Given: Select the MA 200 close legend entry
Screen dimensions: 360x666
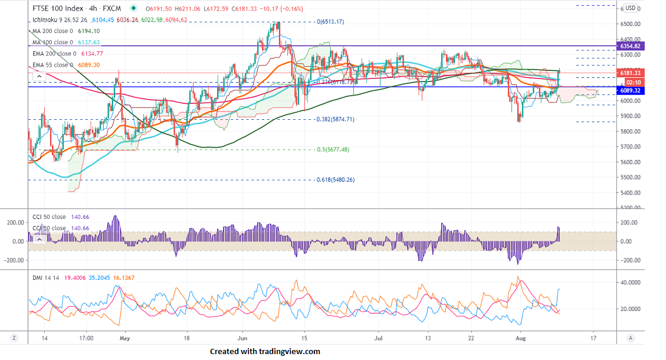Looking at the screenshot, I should (x=52, y=31).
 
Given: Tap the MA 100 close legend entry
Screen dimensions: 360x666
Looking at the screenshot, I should (x=52, y=42).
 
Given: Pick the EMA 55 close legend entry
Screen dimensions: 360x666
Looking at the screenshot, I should (x=52, y=65).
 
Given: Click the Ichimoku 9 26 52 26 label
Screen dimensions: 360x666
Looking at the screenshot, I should (x=61, y=19).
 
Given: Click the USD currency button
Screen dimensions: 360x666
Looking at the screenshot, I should (x=631, y=8).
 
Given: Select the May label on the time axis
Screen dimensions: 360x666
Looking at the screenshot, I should (x=124, y=339).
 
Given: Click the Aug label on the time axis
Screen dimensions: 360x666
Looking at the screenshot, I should (x=520, y=339).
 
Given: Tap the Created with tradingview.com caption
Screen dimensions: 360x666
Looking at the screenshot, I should (x=265, y=352).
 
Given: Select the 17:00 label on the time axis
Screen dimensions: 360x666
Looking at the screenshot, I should (x=86, y=339).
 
